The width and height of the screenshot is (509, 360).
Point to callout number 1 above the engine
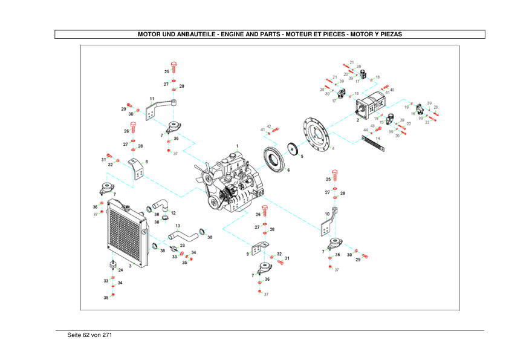coord(238,146)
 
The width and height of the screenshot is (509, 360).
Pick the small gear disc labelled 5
coord(294,149)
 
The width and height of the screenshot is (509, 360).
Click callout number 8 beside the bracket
coord(146,162)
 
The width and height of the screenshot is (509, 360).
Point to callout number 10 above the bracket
coord(327,214)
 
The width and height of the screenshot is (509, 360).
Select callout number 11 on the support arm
coord(152,99)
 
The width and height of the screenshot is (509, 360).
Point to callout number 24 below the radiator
coord(121,270)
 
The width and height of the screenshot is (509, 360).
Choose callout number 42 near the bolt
coord(268,126)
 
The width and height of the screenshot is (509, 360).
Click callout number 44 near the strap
coord(365,130)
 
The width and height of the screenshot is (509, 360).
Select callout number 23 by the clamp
coord(182,245)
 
